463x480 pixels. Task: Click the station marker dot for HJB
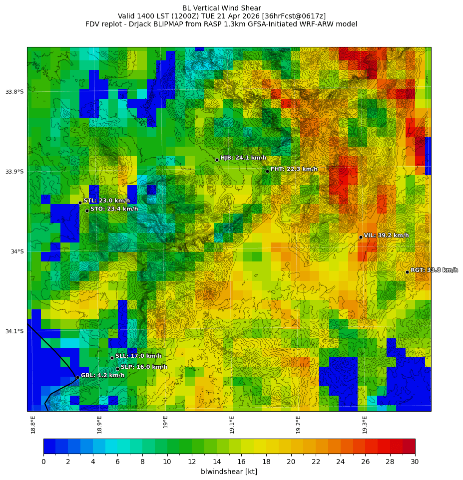[217, 160]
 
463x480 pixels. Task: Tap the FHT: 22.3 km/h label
[294, 169]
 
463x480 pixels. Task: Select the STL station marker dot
[80, 203]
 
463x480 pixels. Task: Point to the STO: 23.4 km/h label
[114, 209]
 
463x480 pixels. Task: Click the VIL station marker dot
[361, 237]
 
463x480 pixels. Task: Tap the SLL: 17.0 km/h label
[138, 356]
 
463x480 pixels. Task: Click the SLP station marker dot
[117, 369]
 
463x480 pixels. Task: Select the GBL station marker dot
[77, 377]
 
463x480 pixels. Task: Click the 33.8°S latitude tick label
[14, 92]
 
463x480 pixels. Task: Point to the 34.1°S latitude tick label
[14, 331]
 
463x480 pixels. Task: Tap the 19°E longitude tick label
[166, 422]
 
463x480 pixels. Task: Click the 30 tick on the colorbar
[415, 462]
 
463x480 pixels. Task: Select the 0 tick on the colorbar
[43, 462]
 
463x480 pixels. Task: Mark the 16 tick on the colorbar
[241, 462]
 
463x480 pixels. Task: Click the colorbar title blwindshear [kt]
[229, 472]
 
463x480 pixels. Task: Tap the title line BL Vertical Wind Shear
[221, 8]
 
